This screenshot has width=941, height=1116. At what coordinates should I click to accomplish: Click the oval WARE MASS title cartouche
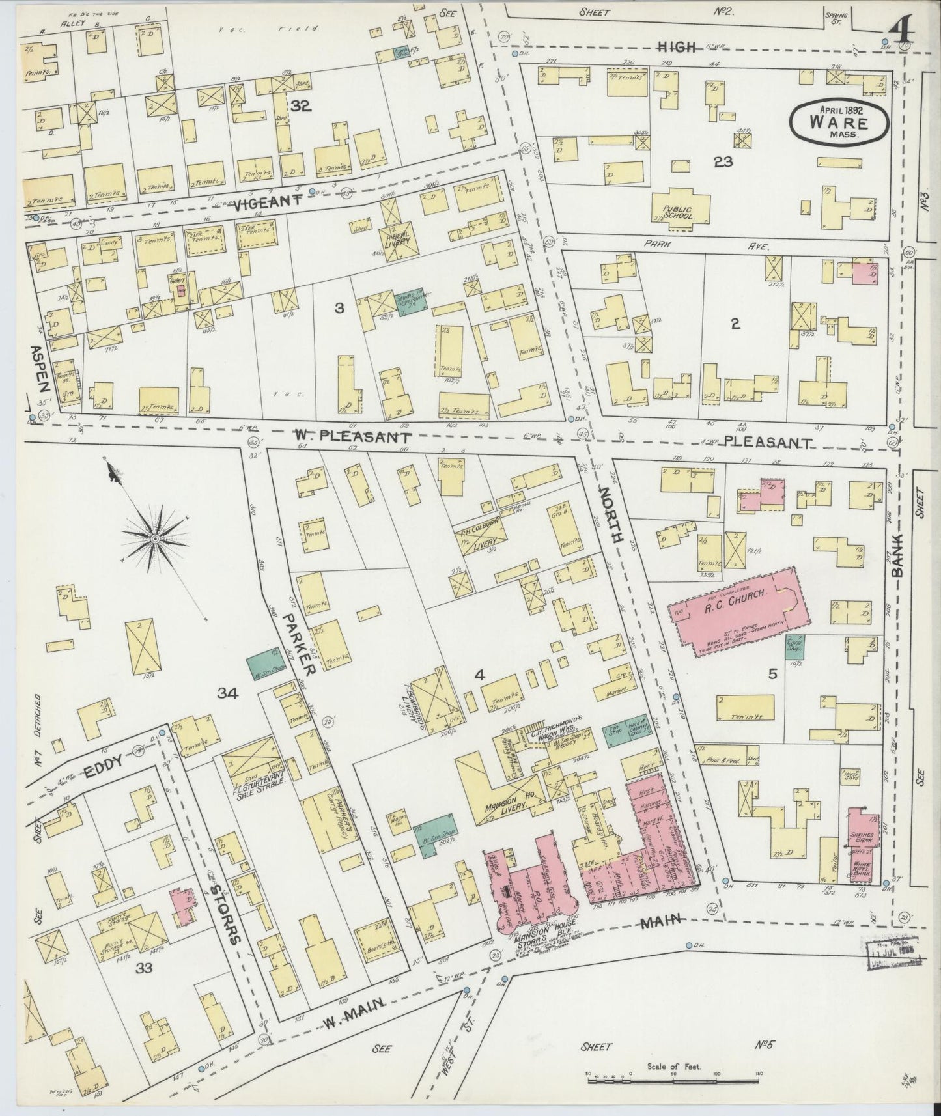(839, 122)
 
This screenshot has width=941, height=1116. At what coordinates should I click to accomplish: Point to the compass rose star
(156, 539)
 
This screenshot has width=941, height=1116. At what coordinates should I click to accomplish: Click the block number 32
(301, 105)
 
